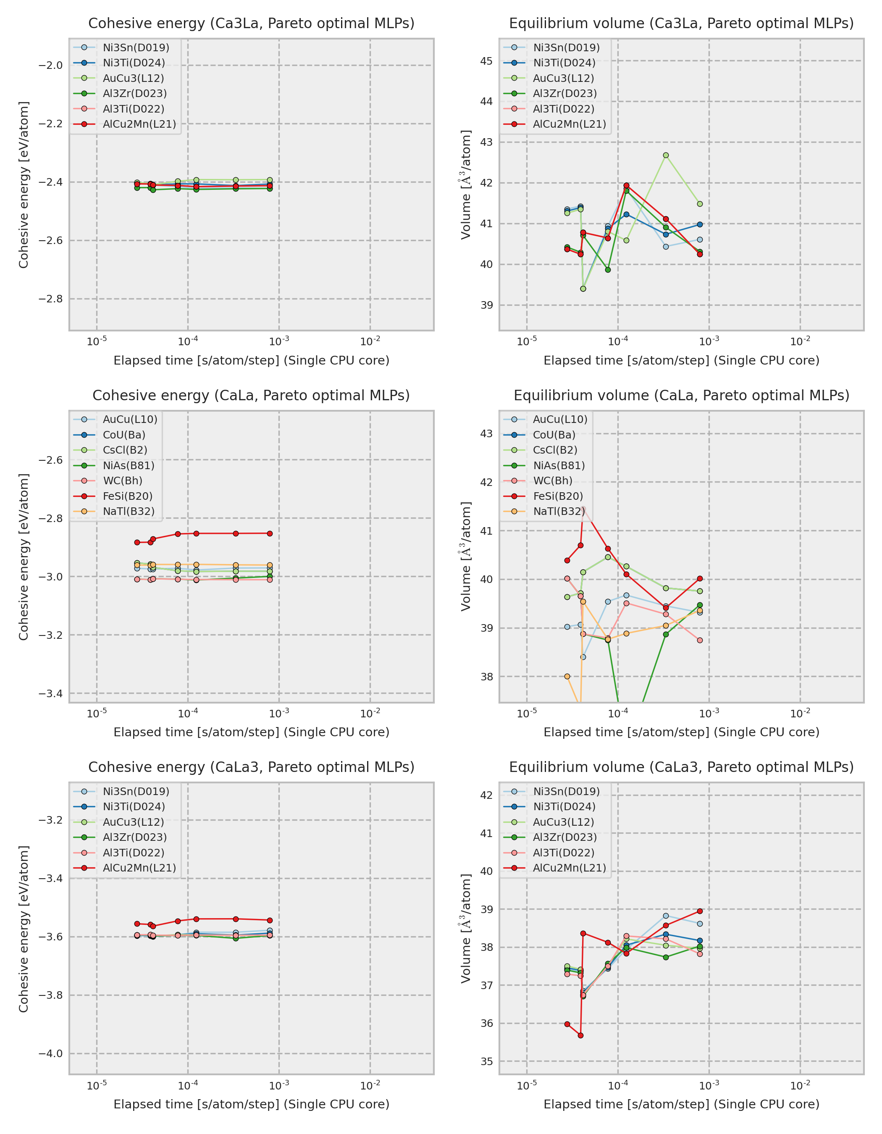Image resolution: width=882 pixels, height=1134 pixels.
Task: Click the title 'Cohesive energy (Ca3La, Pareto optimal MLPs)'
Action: click(251, 24)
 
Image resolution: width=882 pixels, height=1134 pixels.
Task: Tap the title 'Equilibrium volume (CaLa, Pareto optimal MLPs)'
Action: click(681, 395)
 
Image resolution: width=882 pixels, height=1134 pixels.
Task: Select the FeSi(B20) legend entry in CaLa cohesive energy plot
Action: click(127, 496)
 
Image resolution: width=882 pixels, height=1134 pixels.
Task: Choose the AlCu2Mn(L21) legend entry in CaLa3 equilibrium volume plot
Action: click(569, 868)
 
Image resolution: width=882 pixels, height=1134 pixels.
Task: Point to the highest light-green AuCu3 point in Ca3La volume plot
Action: click(666, 155)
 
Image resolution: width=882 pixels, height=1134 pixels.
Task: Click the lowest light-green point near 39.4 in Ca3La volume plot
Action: click(583, 289)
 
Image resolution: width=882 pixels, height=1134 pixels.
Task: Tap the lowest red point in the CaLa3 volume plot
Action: click(580, 1035)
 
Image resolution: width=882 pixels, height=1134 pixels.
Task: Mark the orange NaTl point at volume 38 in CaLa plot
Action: click(567, 676)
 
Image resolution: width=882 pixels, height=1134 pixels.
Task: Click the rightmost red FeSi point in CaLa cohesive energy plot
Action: click(269, 533)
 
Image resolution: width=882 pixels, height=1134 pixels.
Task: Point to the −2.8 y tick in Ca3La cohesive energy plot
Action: click(50, 299)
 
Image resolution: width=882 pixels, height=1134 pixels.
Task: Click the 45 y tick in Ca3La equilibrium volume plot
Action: click(486, 61)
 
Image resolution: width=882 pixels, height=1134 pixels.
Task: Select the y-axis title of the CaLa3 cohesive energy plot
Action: click(24, 929)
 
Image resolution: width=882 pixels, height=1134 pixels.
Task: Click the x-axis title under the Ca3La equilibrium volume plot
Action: click(681, 360)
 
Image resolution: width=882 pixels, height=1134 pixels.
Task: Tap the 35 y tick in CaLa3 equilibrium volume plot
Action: click(486, 1061)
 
